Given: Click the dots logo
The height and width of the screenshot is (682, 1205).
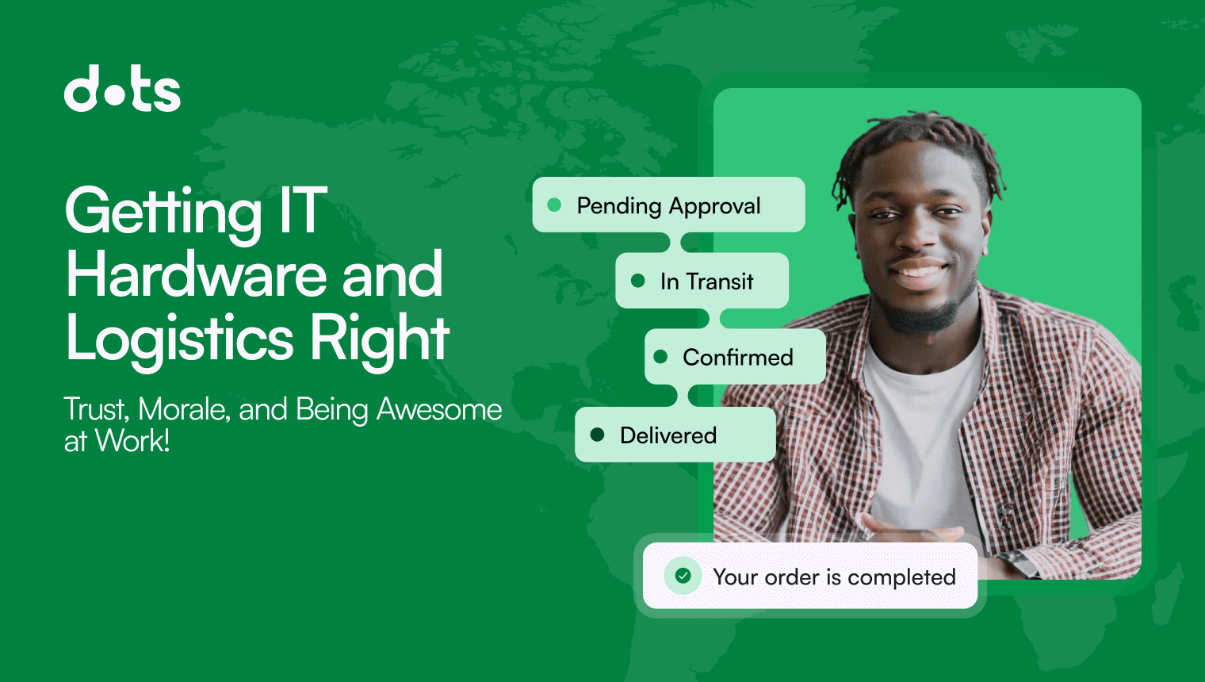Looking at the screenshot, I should [122, 89].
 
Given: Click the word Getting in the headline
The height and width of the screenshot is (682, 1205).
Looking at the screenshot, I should [163, 211].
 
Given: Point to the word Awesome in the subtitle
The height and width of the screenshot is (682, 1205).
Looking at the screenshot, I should [438, 409].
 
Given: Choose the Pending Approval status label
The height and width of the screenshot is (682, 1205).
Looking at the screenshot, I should [668, 205].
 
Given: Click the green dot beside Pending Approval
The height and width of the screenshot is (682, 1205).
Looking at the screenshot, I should [555, 205].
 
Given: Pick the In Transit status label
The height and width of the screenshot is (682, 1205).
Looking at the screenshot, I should [706, 282].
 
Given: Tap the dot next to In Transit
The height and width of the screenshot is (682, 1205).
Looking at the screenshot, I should [638, 281].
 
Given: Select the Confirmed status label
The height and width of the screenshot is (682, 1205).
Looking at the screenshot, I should [737, 358].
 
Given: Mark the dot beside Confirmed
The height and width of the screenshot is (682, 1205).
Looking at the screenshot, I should [660, 357].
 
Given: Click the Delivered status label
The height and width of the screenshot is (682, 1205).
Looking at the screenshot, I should [668, 435].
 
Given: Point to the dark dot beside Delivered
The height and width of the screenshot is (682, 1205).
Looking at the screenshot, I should [598, 435].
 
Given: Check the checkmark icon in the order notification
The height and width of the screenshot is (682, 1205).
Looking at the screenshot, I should [683, 576].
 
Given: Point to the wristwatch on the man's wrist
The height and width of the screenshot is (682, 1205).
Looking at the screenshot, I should [1019, 562].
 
